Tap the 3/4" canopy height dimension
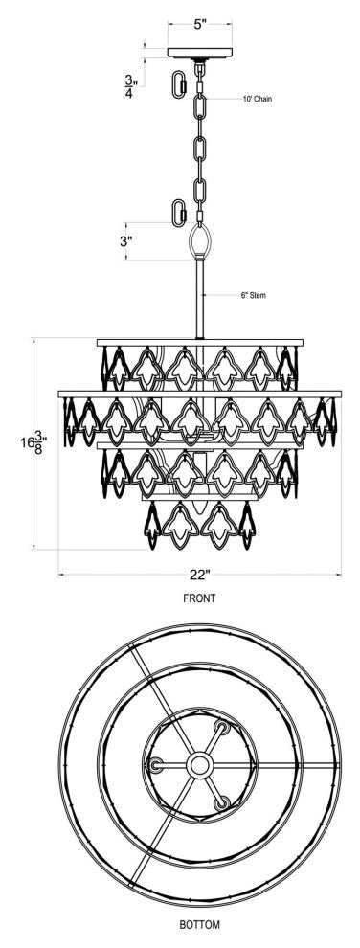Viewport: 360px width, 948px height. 129,78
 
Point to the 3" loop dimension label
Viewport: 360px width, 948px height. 126,242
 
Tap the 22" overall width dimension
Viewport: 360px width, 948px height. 199,575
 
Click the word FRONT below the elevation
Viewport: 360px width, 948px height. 199,598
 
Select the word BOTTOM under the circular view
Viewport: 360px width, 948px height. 199,925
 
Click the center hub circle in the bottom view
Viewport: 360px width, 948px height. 200,764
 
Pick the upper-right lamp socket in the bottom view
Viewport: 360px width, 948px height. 224,730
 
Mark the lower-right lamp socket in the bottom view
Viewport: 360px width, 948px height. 224,801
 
